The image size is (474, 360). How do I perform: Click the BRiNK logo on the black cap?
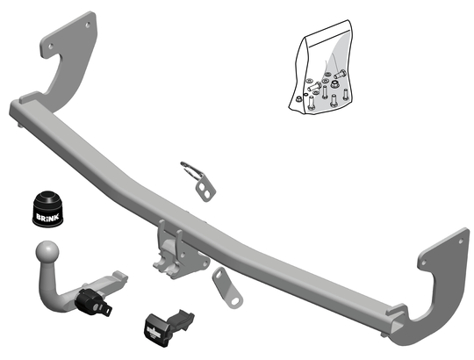[x=47, y=217]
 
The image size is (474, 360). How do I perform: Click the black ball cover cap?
[x=47, y=209]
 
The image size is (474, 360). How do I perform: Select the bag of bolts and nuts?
[x=321, y=67]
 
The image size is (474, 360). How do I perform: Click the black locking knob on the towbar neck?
[x=91, y=300]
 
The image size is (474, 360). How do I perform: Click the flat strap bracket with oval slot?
[x=227, y=288]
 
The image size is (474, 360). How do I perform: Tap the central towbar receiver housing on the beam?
[x=178, y=252]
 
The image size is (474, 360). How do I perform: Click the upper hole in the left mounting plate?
[x=88, y=25]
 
